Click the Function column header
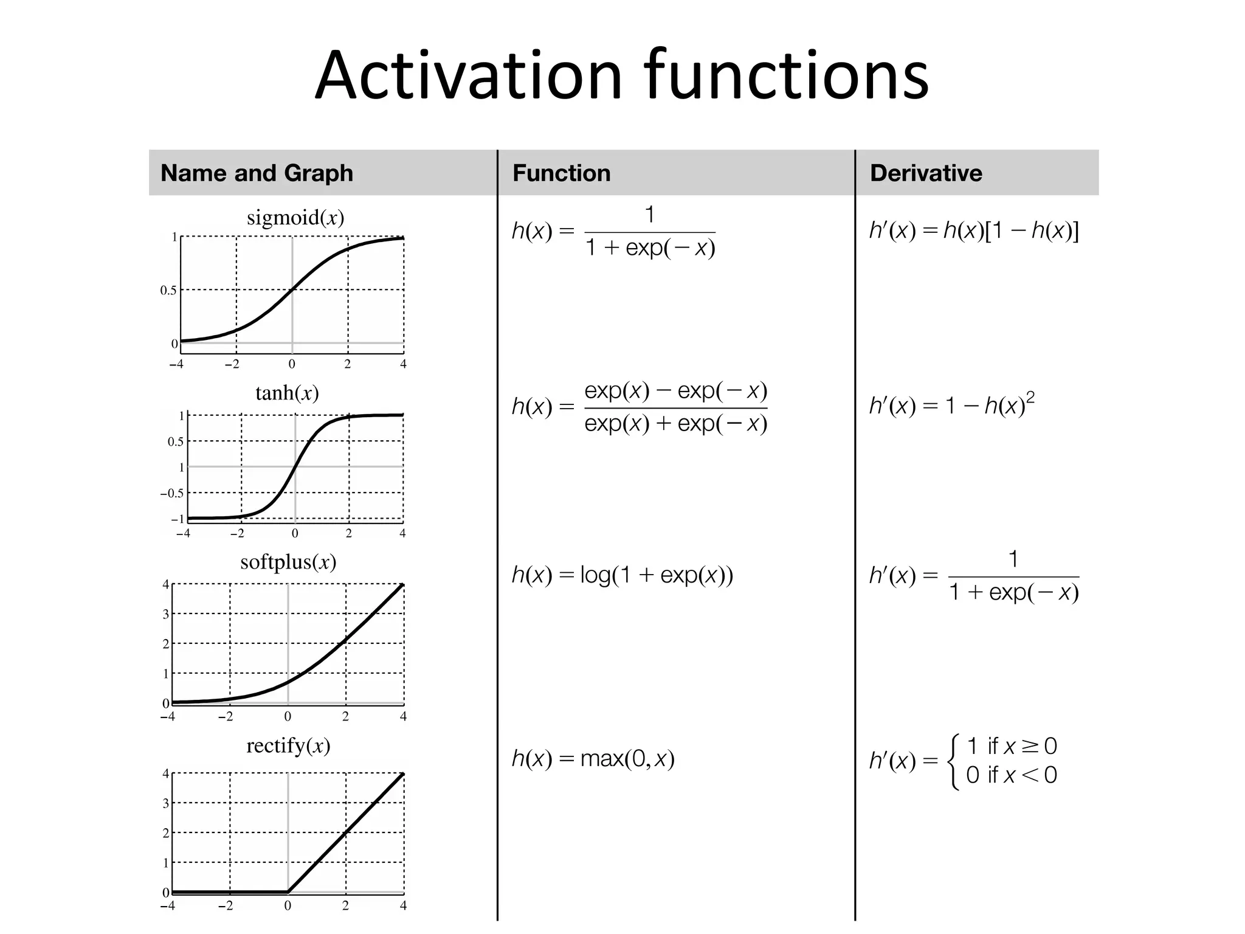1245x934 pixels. pos(561,173)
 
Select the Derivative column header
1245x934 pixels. pos(925,173)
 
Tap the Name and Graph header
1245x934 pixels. pos(257,173)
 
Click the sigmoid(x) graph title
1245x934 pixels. pos(295,218)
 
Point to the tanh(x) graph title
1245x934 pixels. pos(287,393)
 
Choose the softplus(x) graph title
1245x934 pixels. pos(288,562)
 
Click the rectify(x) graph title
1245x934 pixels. pos(288,745)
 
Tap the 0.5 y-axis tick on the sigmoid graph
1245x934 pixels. pos(168,291)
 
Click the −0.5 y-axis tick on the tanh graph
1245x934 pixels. pos(171,493)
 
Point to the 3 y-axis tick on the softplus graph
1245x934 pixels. pos(165,614)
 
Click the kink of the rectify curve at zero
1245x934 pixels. pos(288,892)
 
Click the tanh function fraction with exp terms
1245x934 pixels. pos(675,407)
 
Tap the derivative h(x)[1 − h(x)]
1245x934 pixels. pos(1010,231)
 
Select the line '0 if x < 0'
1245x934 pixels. pos(1012,775)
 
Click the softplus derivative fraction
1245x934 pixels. pos(1013,576)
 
